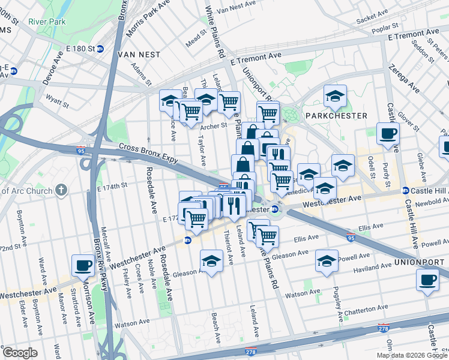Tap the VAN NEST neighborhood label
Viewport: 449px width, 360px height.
point(139,55)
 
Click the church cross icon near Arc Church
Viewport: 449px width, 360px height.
point(61,190)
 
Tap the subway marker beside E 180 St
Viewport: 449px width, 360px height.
point(101,48)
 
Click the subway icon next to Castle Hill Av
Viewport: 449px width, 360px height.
point(405,190)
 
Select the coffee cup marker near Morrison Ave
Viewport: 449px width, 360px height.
point(83,265)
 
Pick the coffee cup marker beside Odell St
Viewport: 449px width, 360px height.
point(387,133)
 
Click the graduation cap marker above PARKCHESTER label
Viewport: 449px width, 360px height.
point(335,95)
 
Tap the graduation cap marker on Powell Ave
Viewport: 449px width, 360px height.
point(327,260)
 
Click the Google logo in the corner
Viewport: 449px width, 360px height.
point(20,353)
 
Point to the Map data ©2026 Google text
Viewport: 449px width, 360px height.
point(411,355)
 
